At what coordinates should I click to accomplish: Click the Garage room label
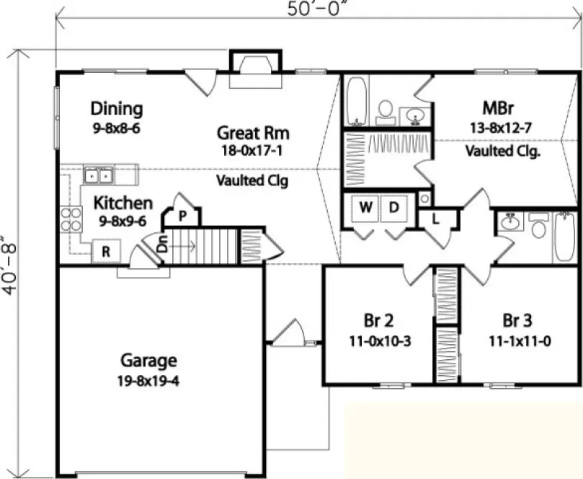pos(148,360)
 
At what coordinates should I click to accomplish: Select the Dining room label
pos(116,109)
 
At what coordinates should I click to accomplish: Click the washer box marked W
pos(366,208)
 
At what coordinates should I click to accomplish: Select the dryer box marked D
pos(394,208)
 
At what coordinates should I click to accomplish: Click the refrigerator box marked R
pos(105,252)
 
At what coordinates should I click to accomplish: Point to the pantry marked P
pos(183,215)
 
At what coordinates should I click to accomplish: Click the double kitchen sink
pos(99,175)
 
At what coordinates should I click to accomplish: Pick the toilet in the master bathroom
pos(386,110)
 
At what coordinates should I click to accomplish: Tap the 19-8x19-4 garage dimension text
pos(148,380)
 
